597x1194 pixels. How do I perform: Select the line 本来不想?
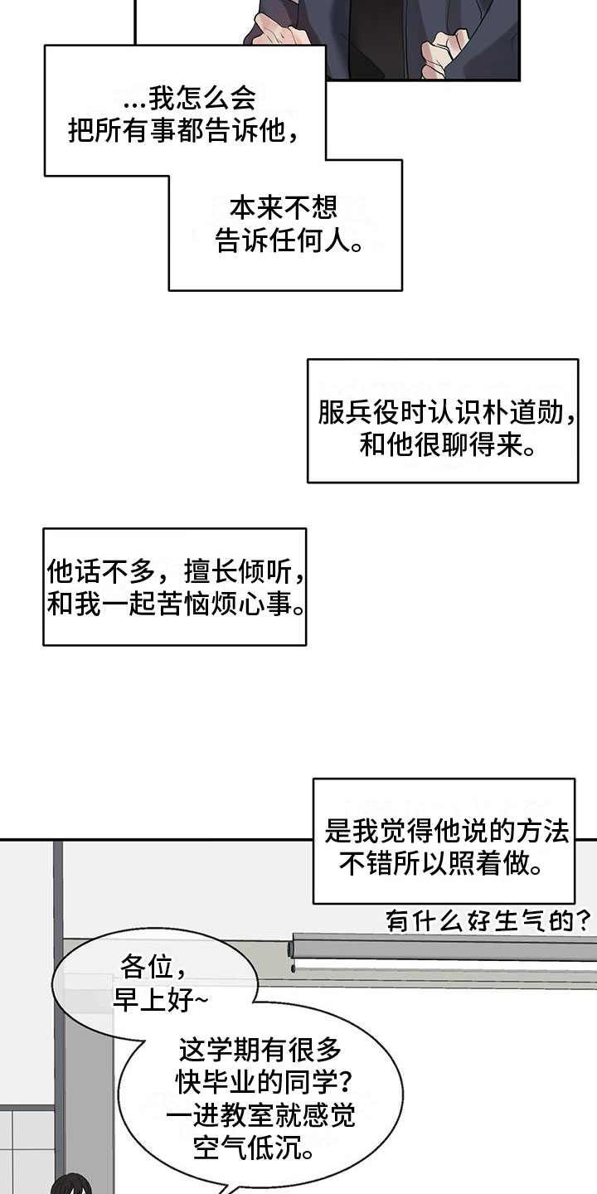tap(284, 207)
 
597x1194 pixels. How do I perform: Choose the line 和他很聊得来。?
tap(447, 444)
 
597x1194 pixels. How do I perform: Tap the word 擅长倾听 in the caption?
tap(238, 572)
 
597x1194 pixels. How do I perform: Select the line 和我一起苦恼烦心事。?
tap(176, 604)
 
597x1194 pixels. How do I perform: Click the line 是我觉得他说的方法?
tap(447, 831)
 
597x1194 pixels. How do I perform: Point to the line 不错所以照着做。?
tap(441, 863)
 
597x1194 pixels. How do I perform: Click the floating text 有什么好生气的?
tap(488, 920)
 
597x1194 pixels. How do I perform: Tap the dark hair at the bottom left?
tap(71, 1186)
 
